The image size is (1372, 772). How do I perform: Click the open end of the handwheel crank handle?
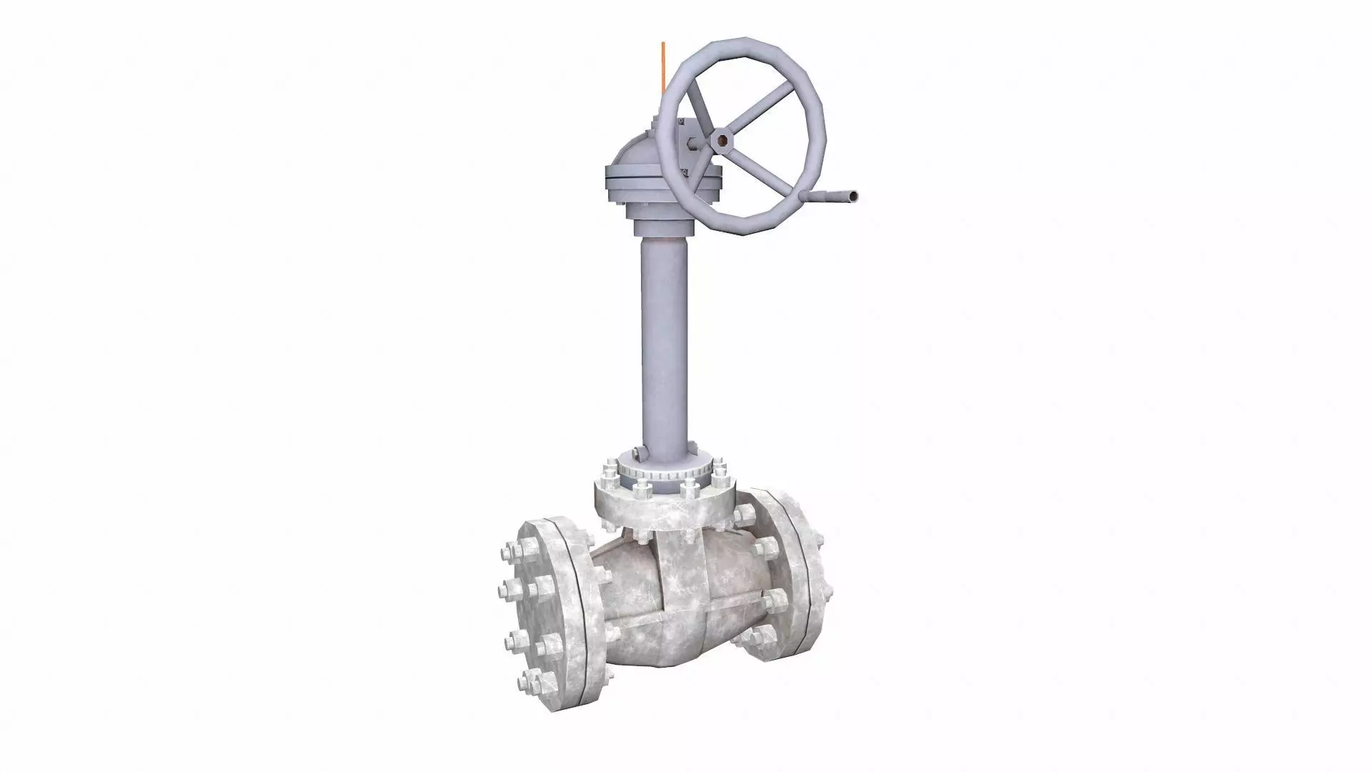coord(853,195)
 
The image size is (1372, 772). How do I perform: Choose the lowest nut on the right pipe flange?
coord(765,633)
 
